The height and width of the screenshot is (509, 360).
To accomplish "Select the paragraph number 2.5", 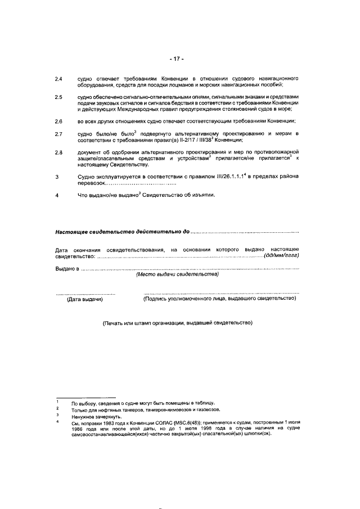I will click(58, 98).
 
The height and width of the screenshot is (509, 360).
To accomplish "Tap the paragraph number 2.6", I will click(58, 121).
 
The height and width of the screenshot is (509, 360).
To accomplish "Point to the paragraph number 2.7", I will click(58, 134).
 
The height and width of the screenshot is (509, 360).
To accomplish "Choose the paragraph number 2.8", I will click(58, 152).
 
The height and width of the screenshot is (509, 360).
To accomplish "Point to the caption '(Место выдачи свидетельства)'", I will click(177, 274).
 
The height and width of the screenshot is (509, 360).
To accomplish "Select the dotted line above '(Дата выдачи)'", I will click(85, 294).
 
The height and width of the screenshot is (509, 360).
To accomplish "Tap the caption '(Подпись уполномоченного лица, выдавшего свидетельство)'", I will click(220, 299).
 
